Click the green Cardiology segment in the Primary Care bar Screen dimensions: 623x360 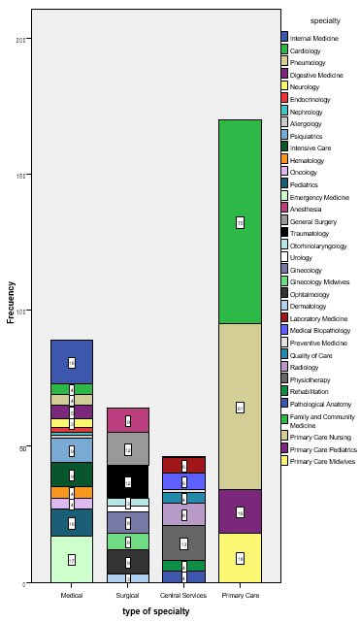[x=240, y=221]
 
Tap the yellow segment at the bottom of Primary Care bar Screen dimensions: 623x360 [x=240, y=558]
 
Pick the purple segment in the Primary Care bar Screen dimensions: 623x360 [x=240, y=511]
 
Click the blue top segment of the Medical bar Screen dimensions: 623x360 [x=72, y=362]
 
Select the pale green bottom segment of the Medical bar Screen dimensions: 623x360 [x=72, y=559]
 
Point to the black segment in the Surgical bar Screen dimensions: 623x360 [x=128, y=481]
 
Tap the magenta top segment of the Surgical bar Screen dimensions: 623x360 [x=128, y=420]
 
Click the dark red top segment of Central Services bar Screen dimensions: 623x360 [x=183, y=465]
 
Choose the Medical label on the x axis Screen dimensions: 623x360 [x=72, y=595]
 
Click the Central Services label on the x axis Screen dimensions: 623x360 [x=183, y=595]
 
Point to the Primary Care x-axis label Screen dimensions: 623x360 [x=240, y=595]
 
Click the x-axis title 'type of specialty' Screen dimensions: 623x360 [x=155, y=611]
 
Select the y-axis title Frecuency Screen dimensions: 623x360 [x=12, y=302]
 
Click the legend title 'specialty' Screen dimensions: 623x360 [x=323, y=20]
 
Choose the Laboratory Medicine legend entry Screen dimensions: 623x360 [x=318, y=317]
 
